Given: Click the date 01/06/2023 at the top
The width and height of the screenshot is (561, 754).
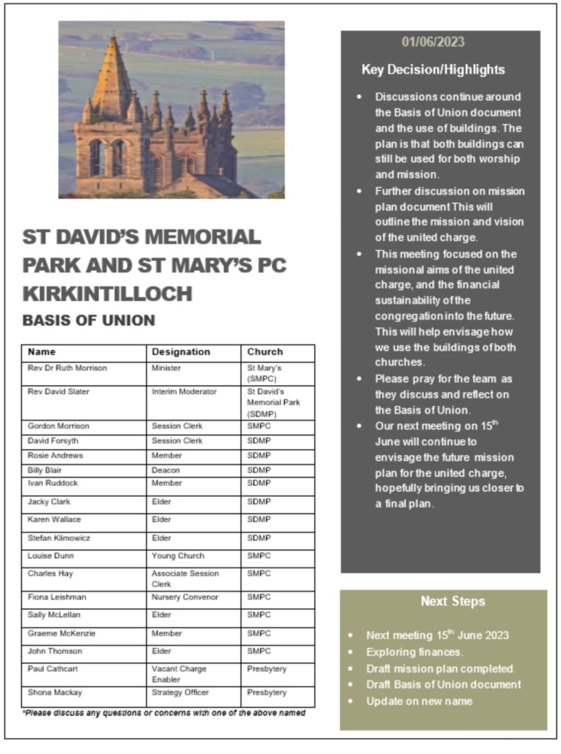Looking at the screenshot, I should point(433,42).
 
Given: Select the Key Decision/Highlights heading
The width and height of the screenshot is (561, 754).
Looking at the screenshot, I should point(433,70).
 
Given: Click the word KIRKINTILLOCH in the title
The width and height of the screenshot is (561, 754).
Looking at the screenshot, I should point(107,293).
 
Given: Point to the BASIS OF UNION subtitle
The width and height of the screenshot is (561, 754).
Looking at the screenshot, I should point(88,321).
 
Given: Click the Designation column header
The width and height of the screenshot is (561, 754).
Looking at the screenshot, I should point(181,352).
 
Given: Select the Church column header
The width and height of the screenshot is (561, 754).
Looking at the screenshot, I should point(265,352).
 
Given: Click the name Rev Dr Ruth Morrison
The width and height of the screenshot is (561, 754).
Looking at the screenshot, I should point(67,367).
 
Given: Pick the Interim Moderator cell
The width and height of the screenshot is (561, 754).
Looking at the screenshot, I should point(184,392).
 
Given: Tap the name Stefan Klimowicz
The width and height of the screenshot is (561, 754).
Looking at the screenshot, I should point(60,538).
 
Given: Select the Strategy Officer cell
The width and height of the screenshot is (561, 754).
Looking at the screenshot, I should point(181,693).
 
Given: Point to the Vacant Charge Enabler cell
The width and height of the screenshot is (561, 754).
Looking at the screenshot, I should point(179,669).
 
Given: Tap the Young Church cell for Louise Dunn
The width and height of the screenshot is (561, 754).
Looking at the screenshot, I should point(178,556).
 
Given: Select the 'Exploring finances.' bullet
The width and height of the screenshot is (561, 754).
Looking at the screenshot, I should point(414,652).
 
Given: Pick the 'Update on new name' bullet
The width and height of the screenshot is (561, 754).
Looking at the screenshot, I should point(419,701).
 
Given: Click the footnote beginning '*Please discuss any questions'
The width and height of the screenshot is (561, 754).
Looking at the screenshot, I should point(164,713).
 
